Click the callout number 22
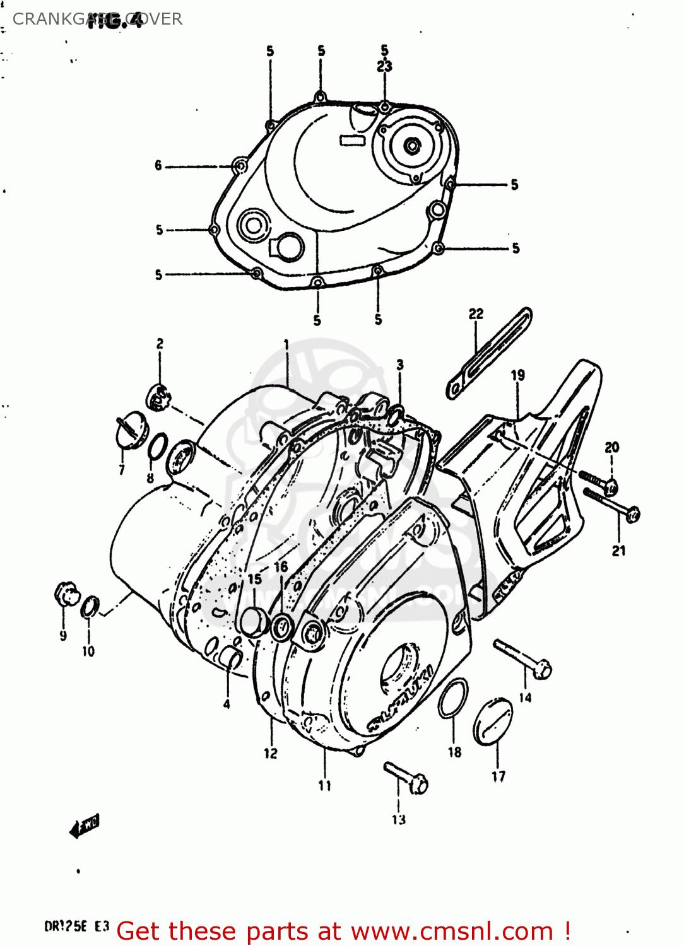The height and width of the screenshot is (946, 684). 476,313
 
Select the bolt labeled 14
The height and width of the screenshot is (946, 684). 522,658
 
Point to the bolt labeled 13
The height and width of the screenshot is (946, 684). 406,777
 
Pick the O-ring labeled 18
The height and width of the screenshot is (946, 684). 453,698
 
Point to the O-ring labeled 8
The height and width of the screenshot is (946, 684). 158,447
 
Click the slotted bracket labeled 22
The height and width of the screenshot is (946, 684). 490,353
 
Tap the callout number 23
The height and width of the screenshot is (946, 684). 384,66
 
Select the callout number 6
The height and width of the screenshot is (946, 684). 158,166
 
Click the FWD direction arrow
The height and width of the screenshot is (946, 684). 85,826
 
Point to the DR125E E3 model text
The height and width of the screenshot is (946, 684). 76,926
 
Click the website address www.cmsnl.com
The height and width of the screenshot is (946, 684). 452,931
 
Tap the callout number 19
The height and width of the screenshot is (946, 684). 517,375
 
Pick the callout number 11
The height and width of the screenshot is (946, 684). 324,786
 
